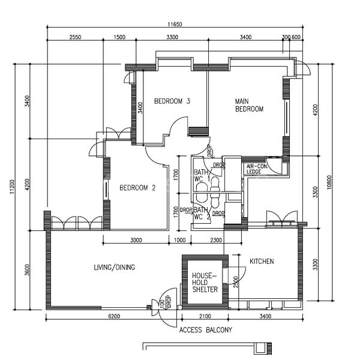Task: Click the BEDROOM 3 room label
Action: (x=172, y=101)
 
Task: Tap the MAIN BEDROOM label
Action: (x=250, y=105)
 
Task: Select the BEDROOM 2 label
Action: (x=137, y=188)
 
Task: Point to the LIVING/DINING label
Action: (x=115, y=267)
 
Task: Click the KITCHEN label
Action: (x=262, y=261)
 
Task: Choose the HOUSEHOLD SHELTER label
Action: (x=205, y=283)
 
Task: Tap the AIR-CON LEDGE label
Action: (x=257, y=169)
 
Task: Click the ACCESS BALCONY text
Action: (x=205, y=330)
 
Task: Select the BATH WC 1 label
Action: (x=202, y=175)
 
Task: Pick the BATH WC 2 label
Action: (x=202, y=213)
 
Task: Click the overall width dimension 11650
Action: (x=175, y=24)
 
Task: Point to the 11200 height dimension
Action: (x=12, y=187)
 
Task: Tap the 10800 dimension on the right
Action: (x=329, y=182)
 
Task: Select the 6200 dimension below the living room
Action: (x=114, y=316)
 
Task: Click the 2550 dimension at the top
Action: (x=76, y=37)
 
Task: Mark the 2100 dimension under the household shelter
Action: (x=205, y=316)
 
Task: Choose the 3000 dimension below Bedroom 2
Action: (x=136, y=240)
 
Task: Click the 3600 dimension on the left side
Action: (x=27, y=270)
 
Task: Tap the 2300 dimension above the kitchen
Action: (x=216, y=240)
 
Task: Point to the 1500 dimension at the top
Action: (x=119, y=37)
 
